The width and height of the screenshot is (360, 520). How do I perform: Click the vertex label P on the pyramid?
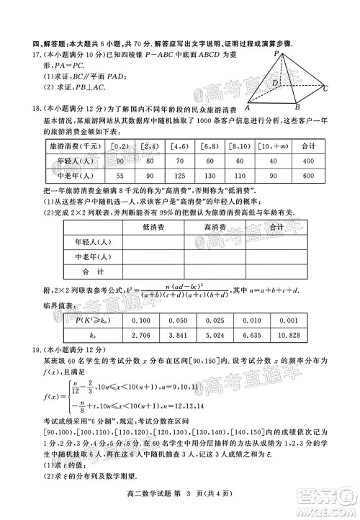click(276, 53)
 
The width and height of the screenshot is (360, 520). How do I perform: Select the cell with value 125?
click(181, 175)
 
